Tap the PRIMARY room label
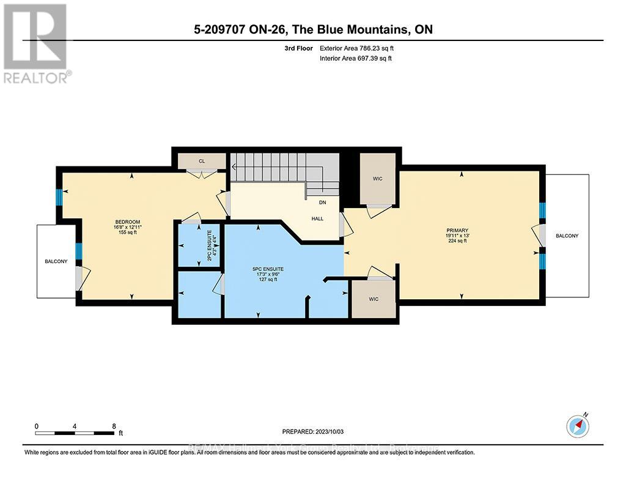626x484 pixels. pyautogui.click(x=457, y=229)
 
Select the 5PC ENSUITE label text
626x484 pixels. pyautogui.click(x=268, y=269)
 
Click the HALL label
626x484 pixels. pyautogui.click(x=317, y=218)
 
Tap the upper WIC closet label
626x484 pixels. pyautogui.click(x=377, y=179)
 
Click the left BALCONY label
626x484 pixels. pyautogui.click(x=56, y=261)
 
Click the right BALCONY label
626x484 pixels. pyautogui.click(x=567, y=236)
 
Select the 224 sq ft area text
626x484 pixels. pyautogui.click(x=457, y=240)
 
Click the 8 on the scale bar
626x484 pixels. pyautogui.click(x=114, y=426)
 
